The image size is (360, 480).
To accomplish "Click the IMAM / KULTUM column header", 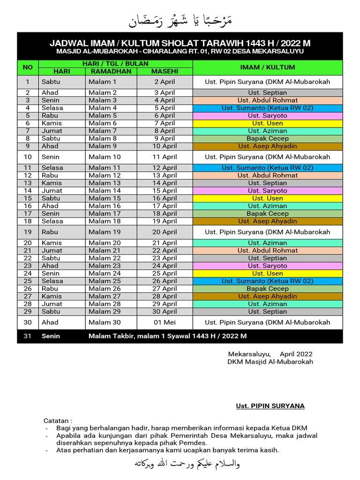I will [x=267, y=67].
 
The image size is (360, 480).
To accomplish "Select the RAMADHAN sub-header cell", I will [x=111, y=71].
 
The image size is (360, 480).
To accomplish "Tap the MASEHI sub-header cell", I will [x=164, y=71].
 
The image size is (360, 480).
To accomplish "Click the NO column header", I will [x=28, y=67].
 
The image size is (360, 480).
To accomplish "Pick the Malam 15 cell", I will [x=105, y=198].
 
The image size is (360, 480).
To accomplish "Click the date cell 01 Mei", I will [x=164, y=322].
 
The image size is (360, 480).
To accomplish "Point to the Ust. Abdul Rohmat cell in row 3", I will [x=267, y=100].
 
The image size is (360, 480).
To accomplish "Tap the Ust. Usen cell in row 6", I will [x=267, y=123].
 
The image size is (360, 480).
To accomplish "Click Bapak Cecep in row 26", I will [x=267, y=289].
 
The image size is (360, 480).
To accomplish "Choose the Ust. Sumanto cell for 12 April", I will [x=267, y=168].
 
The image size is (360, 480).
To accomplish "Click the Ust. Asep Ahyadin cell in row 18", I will [x=267, y=221].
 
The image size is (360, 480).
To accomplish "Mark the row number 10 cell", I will [x=28, y=157].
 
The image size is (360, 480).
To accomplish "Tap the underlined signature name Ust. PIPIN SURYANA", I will [x=270, y=406].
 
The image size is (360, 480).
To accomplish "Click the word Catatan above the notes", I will [x=58, y=420].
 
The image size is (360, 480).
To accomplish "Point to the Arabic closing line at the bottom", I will [x=180, y=464].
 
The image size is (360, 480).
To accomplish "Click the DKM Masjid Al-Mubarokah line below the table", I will [x=270, y=361].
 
